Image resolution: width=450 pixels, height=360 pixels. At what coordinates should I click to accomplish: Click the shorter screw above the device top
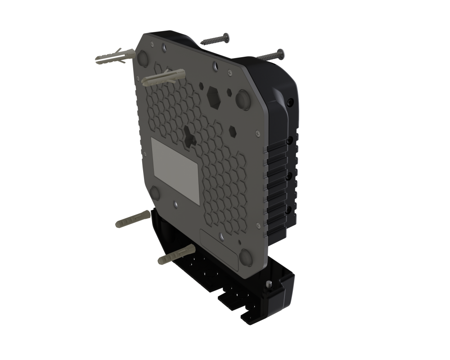click(215, 40)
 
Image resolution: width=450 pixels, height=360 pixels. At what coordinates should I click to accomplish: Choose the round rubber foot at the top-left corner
click(144, 57)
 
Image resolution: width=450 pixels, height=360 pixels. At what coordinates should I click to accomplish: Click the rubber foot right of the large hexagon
click(244, 99)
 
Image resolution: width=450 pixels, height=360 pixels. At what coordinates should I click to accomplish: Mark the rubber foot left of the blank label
click(154, 194)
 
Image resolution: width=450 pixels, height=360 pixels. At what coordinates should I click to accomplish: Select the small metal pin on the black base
click(269, 284)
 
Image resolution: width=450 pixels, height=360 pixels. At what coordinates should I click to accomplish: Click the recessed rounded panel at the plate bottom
click(220, 250)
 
